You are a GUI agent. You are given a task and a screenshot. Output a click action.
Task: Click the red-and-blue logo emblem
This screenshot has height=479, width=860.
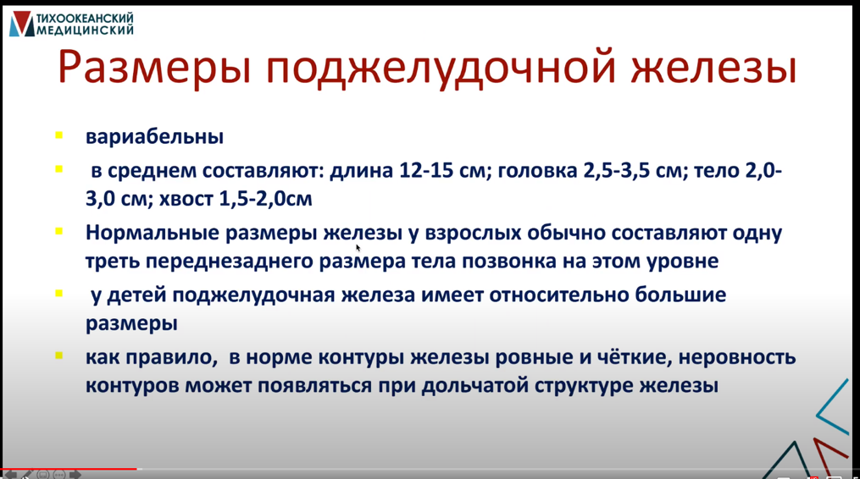pyautogui.click(x=22, y=25)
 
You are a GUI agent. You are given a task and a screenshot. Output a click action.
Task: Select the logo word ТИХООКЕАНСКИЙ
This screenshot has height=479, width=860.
pyautogui.click(x=85, y=19)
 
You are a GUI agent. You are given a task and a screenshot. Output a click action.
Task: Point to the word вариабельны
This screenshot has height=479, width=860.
pyautogui.click(x=155, y=136)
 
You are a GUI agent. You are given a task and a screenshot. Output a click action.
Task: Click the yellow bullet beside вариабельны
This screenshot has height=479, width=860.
pyautogui.click(x=58, y=135)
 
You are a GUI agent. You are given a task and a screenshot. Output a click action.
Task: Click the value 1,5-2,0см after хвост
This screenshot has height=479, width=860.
pyautogui.click(x=265, y=198)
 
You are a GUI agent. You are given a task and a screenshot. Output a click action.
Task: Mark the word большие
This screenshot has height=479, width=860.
pyautogui.click(x=680, y=295)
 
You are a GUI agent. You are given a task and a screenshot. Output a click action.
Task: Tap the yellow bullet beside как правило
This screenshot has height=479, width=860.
pyautogui.click(x=58, y=355)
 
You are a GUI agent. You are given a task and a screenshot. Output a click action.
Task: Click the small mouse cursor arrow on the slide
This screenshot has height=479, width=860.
pyautogui.click(x=358, y=248)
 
